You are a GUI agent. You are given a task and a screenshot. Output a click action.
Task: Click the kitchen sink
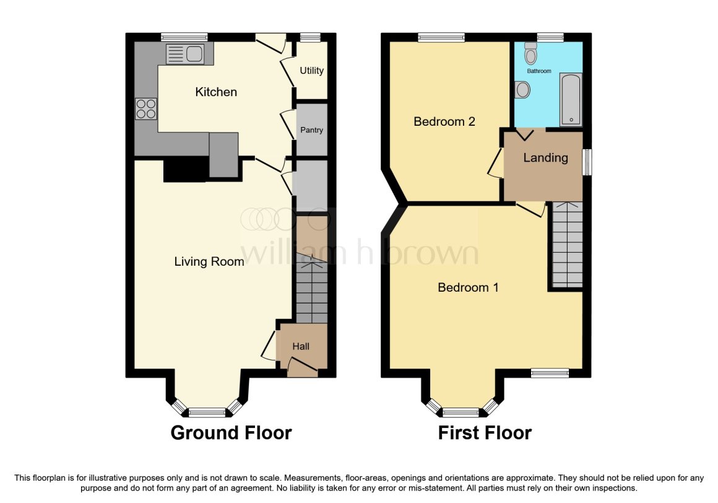(185, 54)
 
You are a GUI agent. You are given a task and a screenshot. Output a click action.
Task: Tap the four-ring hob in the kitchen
(146, 109)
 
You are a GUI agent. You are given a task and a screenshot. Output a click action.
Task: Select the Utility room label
(311, 71)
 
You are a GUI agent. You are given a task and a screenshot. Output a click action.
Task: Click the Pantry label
(312, 130)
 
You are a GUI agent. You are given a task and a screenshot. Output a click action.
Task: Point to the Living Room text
(209, 261)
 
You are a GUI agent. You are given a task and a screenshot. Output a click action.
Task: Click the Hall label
(301, 346)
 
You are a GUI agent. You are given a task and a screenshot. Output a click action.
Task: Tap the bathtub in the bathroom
(571, 99)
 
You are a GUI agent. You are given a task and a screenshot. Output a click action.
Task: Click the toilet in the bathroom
(530, 53)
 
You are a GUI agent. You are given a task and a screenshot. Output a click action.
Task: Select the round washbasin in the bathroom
(522, 90)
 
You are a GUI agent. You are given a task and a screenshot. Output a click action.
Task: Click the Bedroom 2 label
(444, 121)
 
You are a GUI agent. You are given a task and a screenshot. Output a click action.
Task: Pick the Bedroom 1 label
(468, 287)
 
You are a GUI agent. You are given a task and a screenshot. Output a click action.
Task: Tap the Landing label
(545, 158)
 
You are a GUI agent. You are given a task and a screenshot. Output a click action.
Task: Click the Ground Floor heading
(231, 432)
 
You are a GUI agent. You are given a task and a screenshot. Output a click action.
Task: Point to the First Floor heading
(485, 432)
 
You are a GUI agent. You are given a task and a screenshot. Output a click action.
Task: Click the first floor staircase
(568, 245)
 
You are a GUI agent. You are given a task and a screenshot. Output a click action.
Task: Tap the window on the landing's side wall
(587, 162)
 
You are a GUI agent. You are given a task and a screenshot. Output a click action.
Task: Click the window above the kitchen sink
(184, 37)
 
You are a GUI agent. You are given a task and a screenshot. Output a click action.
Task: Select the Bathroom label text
(539, 71)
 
